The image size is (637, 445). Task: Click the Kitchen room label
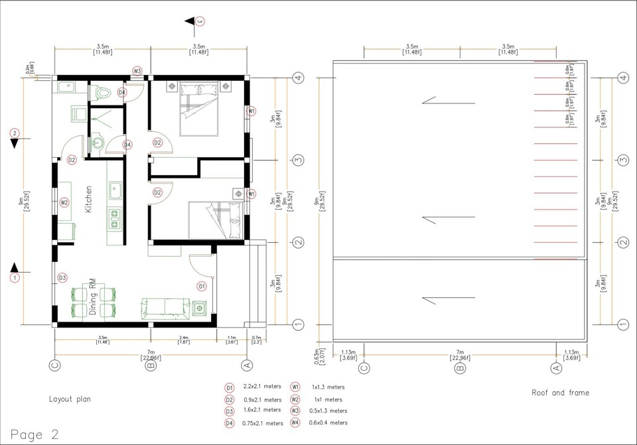tap(88, 198)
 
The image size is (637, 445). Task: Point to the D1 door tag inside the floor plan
tap(202, 286)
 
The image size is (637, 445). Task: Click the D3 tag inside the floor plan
tap(62, 277)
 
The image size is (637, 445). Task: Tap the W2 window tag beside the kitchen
tap(64, 202)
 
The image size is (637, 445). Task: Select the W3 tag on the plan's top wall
tap(137, 70)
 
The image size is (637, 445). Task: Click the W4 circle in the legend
tap(295, 422)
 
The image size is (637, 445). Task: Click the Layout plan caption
tap(70, 399)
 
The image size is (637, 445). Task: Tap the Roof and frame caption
tap(560, 393)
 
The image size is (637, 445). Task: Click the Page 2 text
tap(35, 435)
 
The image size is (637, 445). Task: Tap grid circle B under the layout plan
tap(151, 365)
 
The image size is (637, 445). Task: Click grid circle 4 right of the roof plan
tap(622, 78)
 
